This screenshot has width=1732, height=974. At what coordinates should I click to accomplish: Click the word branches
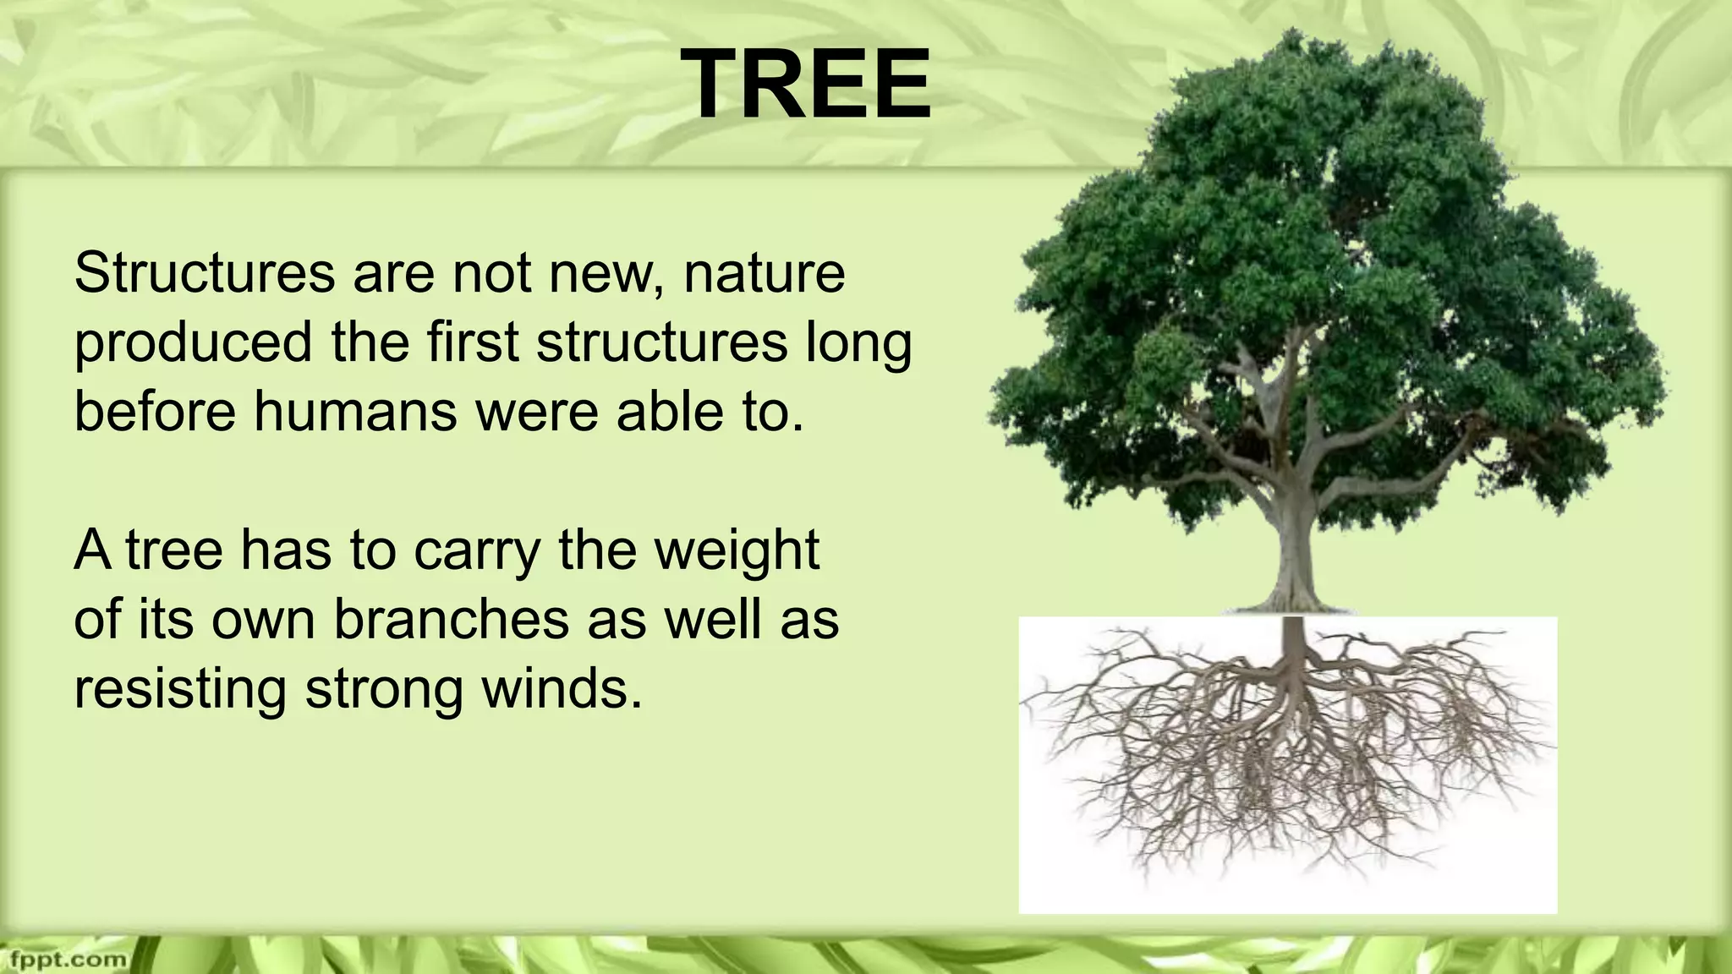[451, 620]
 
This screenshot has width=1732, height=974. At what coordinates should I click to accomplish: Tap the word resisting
[179, 689]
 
